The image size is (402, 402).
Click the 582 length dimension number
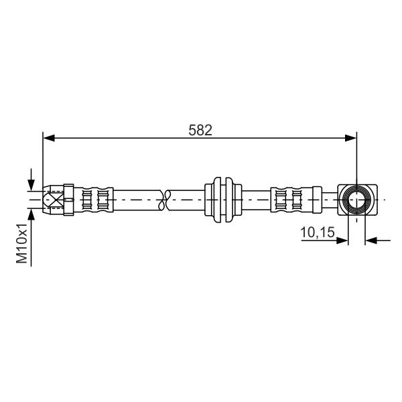pyautogui.click(x=200, y=130)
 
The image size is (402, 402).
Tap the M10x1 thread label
pyautogui.click(x=21, y=243)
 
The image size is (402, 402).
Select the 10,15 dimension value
pyautogui.click(x=318, y=232)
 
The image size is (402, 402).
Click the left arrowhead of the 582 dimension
pyautogui.click(x=49, y=138)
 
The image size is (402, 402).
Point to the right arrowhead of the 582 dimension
pyautogui.click(x=350, y=138)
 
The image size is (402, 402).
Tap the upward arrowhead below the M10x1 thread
pyautogui.click(x=31, y=214)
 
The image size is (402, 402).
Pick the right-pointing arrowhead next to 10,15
pyautogui.click(x=342, y=241)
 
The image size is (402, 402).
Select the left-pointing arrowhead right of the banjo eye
pyautogui.click(x=371, y=241)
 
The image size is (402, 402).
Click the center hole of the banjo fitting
pyautogui.click(x=356, y=200)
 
